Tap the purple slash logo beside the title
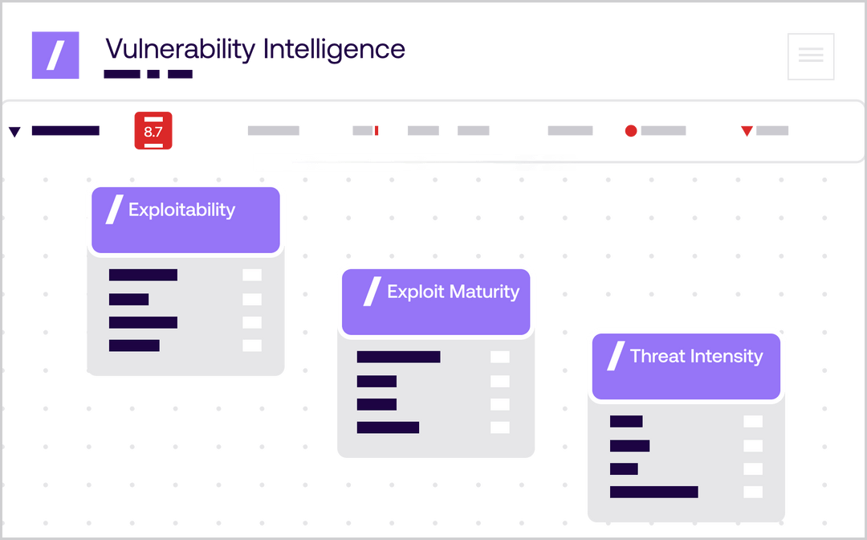[x=55, y=55]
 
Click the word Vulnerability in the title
[x=178, y=50]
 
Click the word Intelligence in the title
[x=333, y=50]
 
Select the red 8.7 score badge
[x=153, y=131]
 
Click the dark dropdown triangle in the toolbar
[x=14, y=132]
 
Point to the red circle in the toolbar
[x=630, y=131]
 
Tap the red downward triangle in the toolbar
[x=747, y=130]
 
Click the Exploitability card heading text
[x=181, y=211]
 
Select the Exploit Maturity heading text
[x=453, y=292]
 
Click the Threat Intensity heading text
[x=696, y=356]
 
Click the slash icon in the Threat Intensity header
[x=616, y=356]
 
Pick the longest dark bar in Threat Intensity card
[x=653, y=492]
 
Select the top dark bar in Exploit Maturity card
[x=398, y=357]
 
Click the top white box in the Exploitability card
[x=252, y=276]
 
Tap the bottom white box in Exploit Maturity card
[x=499, y=427]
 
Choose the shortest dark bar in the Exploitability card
[x=128, y=300]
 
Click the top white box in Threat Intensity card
[x=752, y=421]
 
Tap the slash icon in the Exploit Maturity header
[x=372, y=292]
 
